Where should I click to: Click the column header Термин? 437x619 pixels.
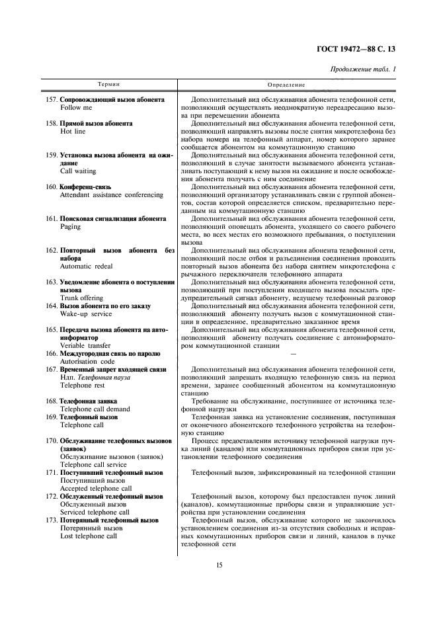tap(109, 85)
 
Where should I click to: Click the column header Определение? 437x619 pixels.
tap(286, 85)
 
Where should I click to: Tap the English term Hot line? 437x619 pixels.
tap(73, 131)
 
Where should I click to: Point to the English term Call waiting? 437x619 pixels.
tap(78, 170)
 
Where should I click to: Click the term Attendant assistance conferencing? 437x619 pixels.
tap(111, 194)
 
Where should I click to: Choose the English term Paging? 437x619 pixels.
tap(71, 226)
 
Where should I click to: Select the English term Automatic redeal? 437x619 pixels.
tap(86, 266)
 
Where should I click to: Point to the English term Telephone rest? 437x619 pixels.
tap(81, 384)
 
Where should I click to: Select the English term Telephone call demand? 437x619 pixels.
tap(95, 409)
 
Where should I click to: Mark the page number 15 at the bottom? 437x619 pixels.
tap(218, 564)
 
